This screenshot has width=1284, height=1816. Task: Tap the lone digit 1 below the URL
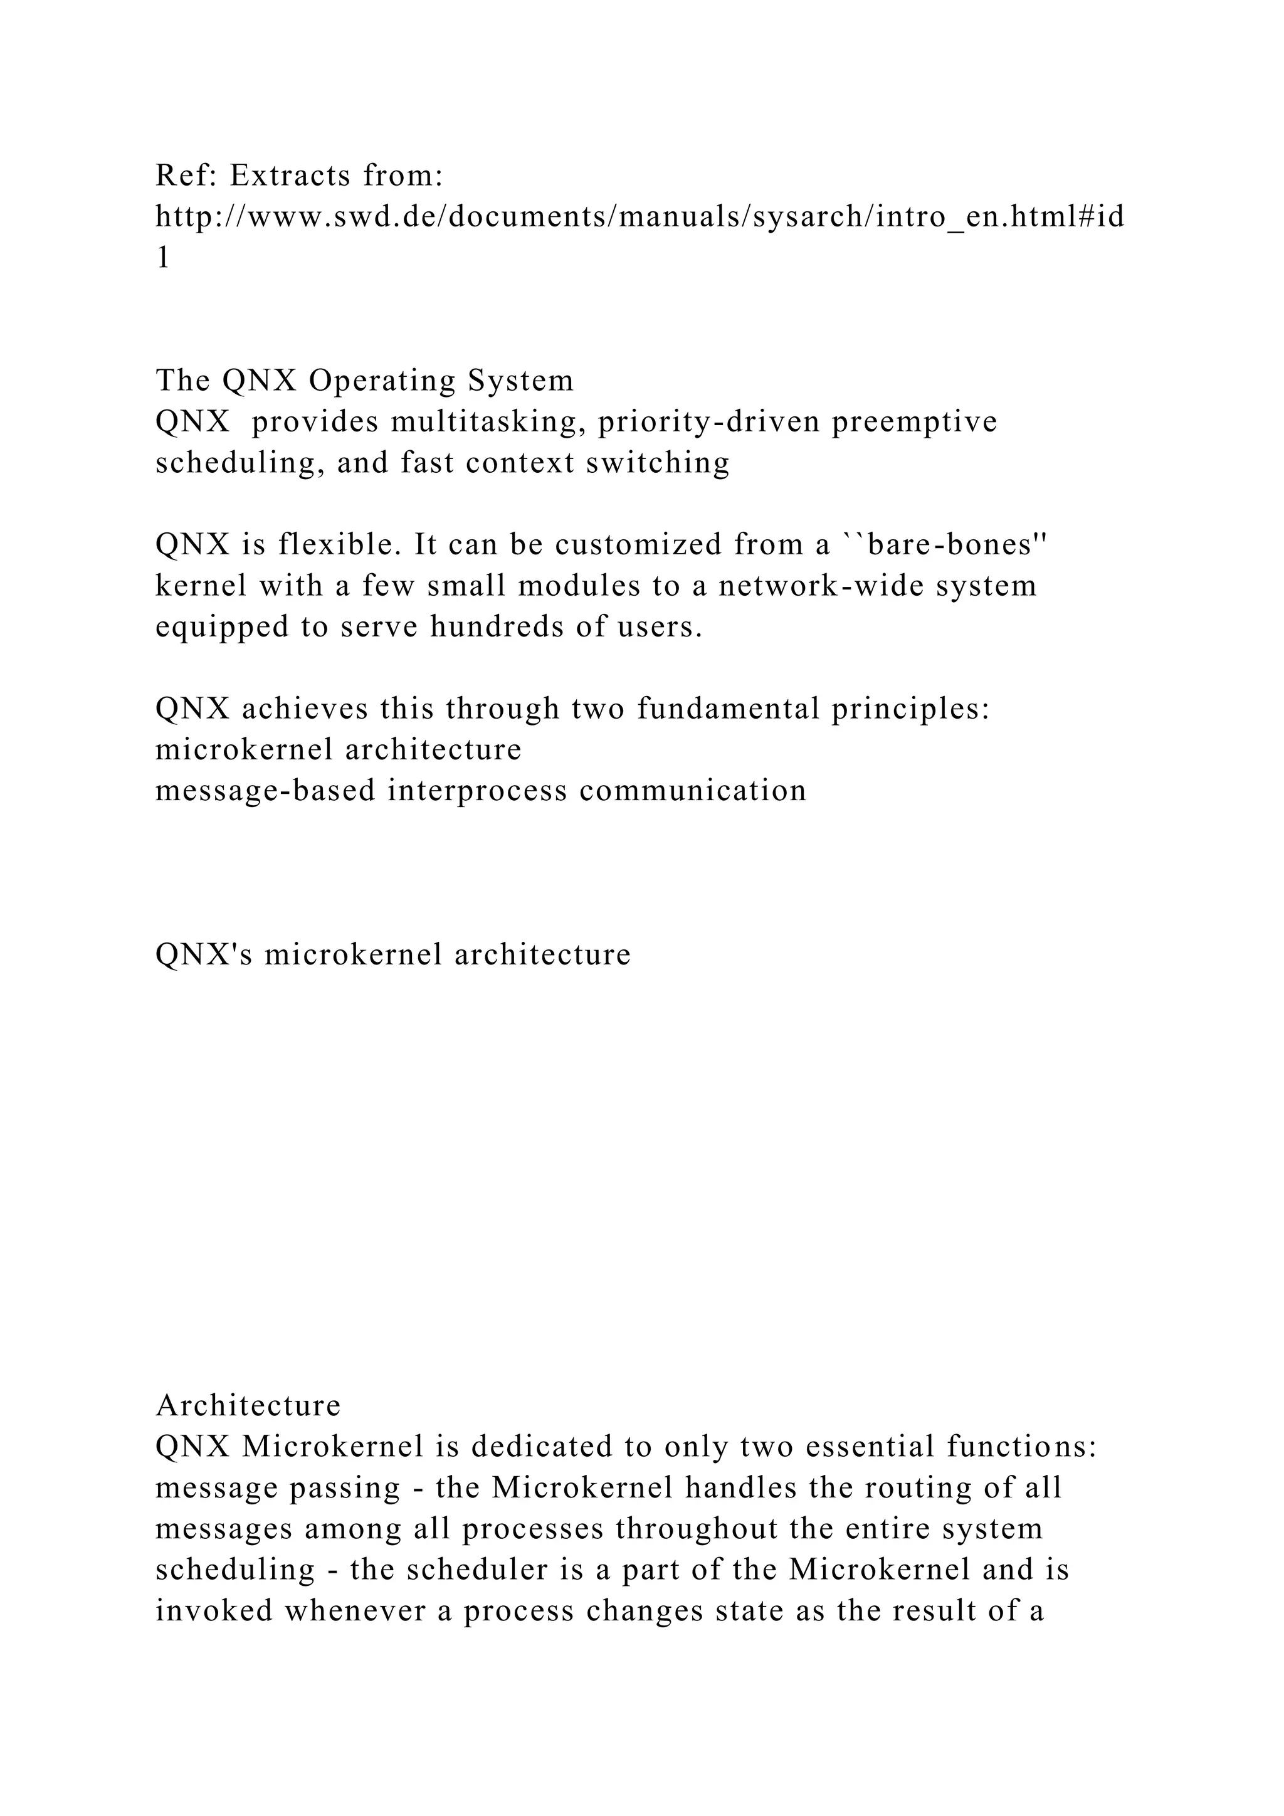[163, 258]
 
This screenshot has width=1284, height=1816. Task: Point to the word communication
[693, 791]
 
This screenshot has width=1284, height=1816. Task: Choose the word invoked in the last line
[213, 1611]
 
